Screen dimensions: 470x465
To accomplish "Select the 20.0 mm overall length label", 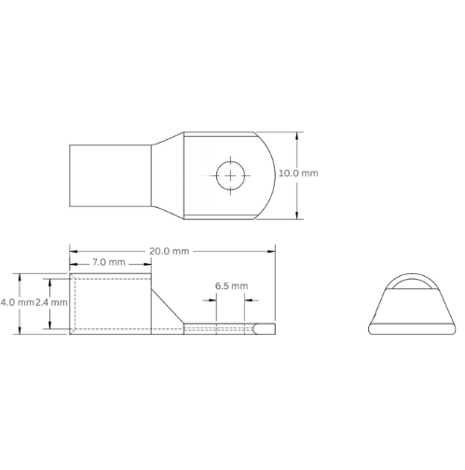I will (x=170, y=250).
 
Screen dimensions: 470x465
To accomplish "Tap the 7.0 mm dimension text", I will (x=110, y=263).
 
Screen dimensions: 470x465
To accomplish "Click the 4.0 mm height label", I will (x=16, y=303).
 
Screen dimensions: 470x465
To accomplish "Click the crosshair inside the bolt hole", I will (x=228, y=173).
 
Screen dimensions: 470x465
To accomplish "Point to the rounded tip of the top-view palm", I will (x=268, y=173).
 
